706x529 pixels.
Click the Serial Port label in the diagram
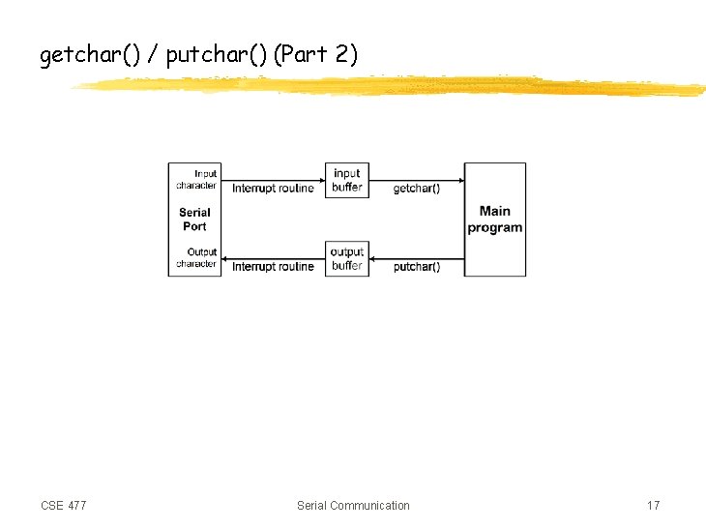pyautogui.click(x=194, y=220)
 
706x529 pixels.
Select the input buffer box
pyautogui.click(x=346, y=180)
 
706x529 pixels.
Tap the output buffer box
pyautogui.click(x=346, y=258)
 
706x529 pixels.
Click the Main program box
pyautogui.click(x=495, y=220)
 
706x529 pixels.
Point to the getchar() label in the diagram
pyautogui.click(x=416, y=189)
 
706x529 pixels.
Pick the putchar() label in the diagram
pyautogui.click(x=417, y=267)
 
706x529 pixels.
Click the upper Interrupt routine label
pyautogui.click(x=273, y=189)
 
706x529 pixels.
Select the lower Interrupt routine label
pyautogui.click(x=273, y=267)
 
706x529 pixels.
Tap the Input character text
pyautogui.click(x=197, y=179)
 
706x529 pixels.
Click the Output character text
pyautogui.click(x=197, y=257)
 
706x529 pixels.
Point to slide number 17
pyautogui.click(x=654, y=506)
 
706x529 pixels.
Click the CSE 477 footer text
pyautogui.click(x=64, y=506)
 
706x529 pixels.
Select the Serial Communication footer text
pyautogui.click(x=353, y=506)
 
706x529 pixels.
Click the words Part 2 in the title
pyautogui.click(x=316, y=56)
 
